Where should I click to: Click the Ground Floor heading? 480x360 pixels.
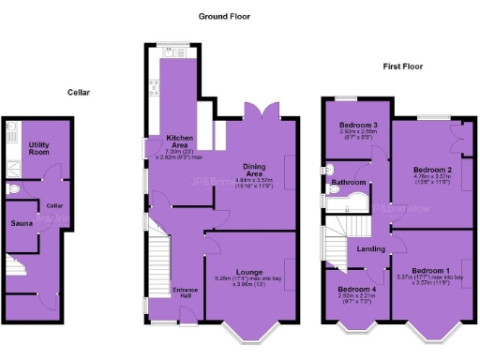point(224,17)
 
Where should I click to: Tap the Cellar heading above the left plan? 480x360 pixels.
point(78,92)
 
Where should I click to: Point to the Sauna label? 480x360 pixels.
point(22,224)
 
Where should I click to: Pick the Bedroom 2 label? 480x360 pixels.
point(433,170)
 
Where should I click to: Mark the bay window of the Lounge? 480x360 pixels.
point(249,330)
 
